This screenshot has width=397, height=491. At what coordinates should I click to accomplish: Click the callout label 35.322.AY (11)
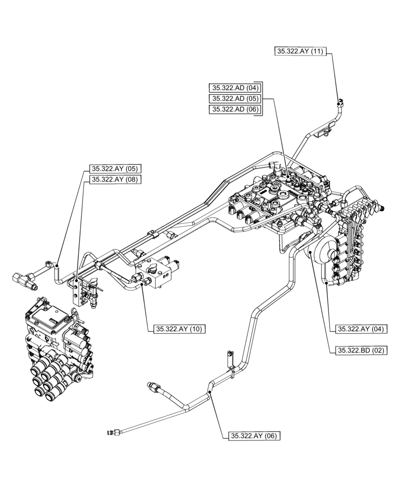point(300,51)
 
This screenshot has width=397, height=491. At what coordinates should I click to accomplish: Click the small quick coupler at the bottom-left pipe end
point(112,433)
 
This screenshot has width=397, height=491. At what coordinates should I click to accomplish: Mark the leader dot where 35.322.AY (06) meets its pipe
point(209,392)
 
